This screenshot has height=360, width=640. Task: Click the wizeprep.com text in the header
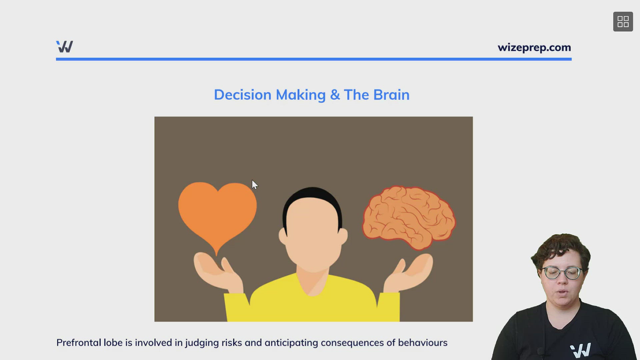pos(534,48)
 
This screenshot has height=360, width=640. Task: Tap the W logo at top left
pos(65,47)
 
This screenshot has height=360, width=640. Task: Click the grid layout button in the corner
pos(623,22)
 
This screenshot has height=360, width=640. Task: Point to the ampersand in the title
pos(335,95)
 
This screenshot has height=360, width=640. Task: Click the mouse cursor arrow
pos(254,185)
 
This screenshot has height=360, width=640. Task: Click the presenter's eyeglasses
pos(562,273)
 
